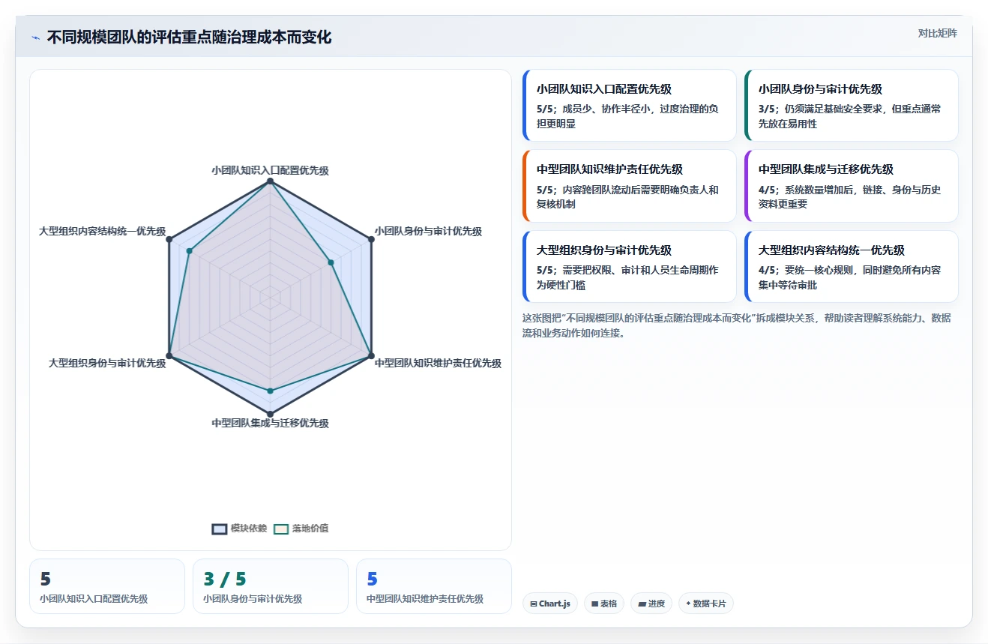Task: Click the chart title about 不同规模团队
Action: point(189,37)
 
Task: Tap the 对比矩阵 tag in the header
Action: point(937,33)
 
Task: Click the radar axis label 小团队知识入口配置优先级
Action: point(270,170)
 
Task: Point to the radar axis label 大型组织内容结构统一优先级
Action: point(103,231)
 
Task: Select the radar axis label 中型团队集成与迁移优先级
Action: point(270,423)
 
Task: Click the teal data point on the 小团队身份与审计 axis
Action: point(331,262)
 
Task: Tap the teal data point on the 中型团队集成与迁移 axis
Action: point(271,391)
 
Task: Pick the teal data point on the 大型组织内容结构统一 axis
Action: point(189,251)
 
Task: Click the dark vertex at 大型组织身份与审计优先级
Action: point(169,356)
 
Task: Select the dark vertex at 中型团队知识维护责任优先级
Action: point(371,356)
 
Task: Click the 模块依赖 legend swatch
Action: point(219,529)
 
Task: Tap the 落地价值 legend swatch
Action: point(281,529)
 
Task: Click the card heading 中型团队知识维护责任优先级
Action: point(609,169)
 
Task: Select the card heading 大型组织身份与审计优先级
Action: point(604,250)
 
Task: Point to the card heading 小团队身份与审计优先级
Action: point(820,89)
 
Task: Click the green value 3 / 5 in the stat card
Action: point(225,579)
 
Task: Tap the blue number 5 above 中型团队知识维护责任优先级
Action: point(373,579)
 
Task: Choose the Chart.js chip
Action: point(550,604)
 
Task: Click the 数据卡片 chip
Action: point(705,604)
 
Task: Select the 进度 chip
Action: point(651,604)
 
